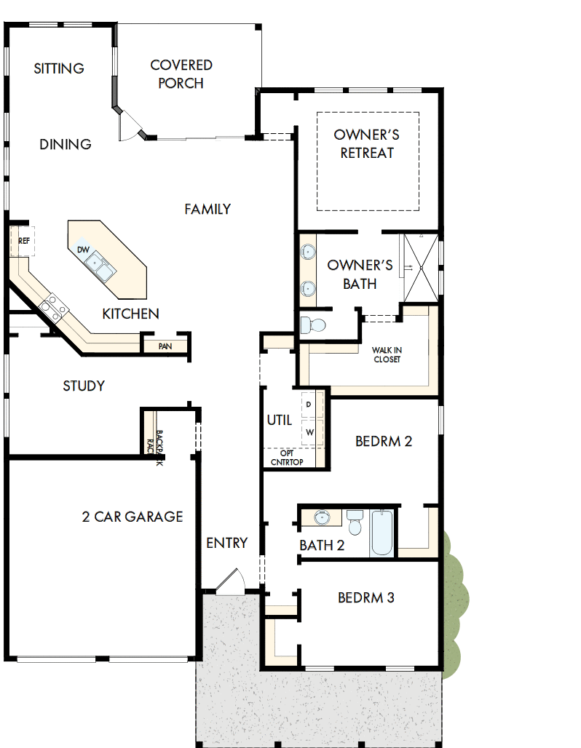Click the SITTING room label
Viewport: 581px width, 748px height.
[59, 68]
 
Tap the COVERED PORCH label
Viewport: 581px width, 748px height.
[181, 74]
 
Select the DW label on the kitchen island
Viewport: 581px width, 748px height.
[84, 250]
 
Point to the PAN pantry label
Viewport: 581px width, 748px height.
[165, 346]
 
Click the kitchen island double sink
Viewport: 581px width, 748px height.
[101, 267]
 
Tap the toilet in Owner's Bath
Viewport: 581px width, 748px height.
[314, 325]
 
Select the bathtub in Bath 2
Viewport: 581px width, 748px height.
[382, 533]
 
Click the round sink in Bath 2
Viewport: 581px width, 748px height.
[323, 518]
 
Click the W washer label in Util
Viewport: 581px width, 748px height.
[309, 432]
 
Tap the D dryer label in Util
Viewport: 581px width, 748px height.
[309, 404]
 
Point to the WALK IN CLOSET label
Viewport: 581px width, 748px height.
[387, 354]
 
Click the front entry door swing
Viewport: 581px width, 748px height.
[232, 582]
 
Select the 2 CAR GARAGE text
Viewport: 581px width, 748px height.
[132, 517]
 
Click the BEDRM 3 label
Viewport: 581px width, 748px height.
[366, 598]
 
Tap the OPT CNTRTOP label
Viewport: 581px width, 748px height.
[287, 457]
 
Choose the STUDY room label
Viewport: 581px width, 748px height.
[84, 386]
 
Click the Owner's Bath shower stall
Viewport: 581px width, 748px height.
[422, 268]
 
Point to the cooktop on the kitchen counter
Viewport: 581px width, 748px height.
[55, 306]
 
